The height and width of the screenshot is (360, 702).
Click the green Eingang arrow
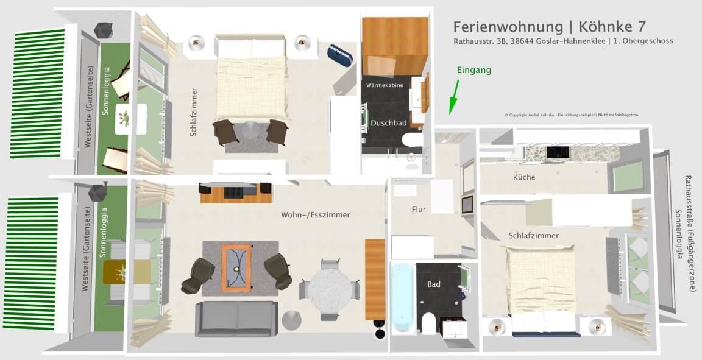pyautogui.click(x=455, y=97)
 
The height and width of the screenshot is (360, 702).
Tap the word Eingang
pyautogui.click(x=473, y=70)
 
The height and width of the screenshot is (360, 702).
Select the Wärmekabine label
pyautogui.click(x=385, y=85)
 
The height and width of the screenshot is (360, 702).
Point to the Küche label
pyautogui.click(x=524, y=177)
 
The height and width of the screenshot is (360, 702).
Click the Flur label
pyautogui.click(x=419, y=209)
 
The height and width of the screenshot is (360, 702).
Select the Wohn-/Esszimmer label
pyautogui.click(x=316, y=215)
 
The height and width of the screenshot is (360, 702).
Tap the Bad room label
pyautogui.click(x=434, y=284)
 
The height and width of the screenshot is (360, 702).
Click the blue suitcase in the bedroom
pyautogui.click(x=340, y=55)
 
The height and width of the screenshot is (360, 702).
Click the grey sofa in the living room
pyautogui.click(x=236, y=319)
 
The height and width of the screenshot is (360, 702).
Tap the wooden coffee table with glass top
pyautogui.click(x=236, y=268)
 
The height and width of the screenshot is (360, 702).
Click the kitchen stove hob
pyautogui.click(x=558, y=152)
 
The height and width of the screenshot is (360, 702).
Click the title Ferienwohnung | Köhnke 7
pyautogui.click(x=550, y=26)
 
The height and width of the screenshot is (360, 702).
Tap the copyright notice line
pyautogui.click(x=571, y=115)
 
